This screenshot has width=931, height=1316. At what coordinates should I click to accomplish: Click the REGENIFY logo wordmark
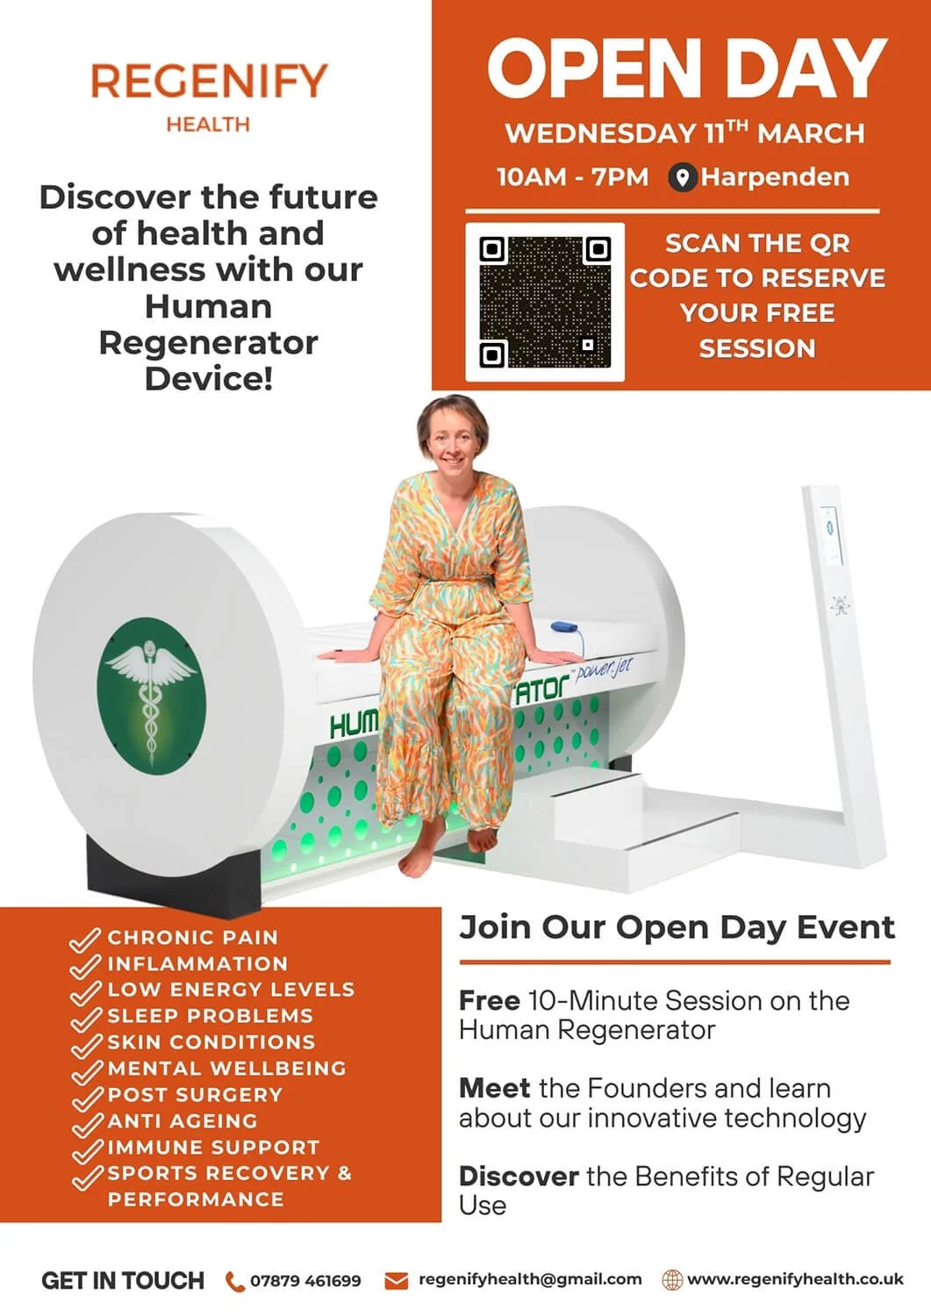208,82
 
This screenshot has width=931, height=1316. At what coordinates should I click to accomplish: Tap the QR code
545,302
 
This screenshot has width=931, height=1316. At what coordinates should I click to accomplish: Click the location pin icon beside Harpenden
682,177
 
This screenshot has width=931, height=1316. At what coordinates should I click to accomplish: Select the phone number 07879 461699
305,1281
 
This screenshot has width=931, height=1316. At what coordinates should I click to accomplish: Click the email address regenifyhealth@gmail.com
530,1279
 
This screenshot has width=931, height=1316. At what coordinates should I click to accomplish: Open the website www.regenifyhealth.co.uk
795,1279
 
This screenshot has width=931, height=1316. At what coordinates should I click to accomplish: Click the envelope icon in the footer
397,1281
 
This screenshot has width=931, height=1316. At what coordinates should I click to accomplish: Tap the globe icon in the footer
672,1280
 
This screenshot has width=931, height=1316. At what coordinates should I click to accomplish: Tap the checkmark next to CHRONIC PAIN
85,940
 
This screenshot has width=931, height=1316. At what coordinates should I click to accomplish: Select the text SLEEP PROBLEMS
210,1016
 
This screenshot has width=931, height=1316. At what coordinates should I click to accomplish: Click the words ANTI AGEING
183,1121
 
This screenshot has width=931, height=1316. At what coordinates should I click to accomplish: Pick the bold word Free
489,1001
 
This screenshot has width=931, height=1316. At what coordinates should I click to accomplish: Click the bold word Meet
494,1089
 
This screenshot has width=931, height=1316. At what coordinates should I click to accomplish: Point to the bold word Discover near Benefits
519,1177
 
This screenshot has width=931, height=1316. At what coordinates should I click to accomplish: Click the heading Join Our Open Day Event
677,927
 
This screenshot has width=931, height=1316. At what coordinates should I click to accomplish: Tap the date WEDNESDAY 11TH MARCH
684,133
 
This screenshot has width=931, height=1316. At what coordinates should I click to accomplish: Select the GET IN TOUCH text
123,1281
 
